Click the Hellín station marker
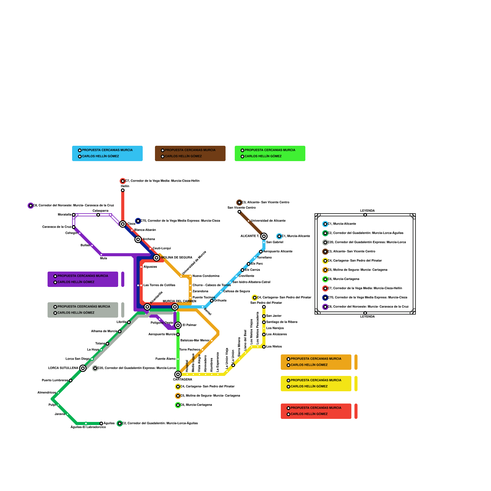[123, 190]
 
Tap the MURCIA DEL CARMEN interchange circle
[175, 307]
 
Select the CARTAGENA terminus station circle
[178, 374]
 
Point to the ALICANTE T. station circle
[264, 236]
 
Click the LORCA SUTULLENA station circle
[83, 368]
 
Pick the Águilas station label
[109, 423]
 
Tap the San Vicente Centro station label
[242, 208]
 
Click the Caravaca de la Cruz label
[57, 227]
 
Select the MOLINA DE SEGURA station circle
[157, 258]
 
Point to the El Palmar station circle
[178, 325]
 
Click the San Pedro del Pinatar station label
[266, 303]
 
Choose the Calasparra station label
[100, 211]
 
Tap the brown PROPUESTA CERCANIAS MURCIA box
[190, 153]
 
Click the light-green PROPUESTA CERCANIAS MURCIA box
[270, 153]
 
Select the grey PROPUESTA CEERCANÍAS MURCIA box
[83, 310]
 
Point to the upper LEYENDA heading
[367, 211]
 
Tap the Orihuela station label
[220, 301]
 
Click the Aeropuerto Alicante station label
[278, 252]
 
